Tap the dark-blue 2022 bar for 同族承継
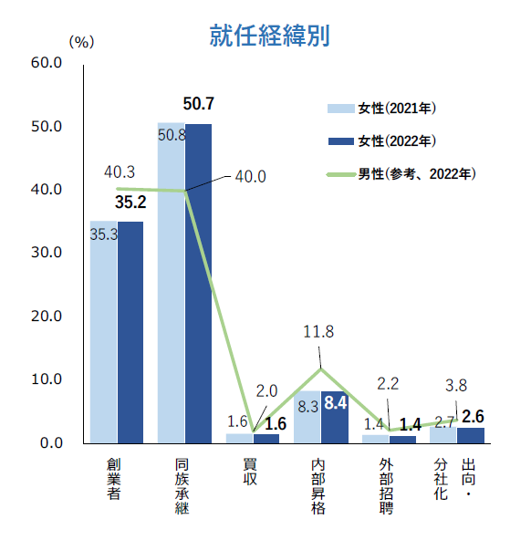[198, 283]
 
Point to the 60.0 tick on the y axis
[46, 63]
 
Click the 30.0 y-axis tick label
[46, 253]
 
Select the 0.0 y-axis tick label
[49, 443]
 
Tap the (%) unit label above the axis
[81, 41]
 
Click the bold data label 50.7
[198, 103]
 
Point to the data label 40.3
[120, 171]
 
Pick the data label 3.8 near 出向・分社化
[455, 384]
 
